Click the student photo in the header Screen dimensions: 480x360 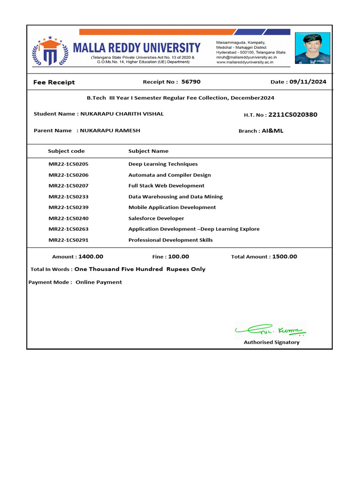312,48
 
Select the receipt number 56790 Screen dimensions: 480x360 191,82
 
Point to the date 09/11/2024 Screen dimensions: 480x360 307,82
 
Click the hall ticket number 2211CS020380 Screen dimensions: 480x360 296,114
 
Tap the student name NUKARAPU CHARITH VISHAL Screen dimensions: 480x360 122,114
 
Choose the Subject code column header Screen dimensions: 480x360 67,151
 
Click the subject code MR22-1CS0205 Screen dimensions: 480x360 68,164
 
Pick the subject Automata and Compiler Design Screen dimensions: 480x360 170,175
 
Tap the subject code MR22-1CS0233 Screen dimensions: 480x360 68,197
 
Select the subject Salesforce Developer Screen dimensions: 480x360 156,218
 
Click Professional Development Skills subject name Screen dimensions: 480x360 171,240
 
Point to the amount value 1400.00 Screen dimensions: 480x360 91,256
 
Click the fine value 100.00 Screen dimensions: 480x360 178,256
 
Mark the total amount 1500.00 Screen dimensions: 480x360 285,256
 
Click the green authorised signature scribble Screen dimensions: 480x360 270,330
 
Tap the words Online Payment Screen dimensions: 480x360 99,282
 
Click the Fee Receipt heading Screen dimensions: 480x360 54,82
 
